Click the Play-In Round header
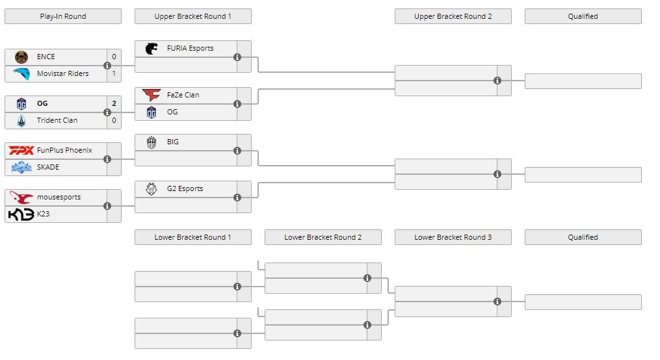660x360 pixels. coord(62,16)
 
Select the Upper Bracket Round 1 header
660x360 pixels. coord(192,16)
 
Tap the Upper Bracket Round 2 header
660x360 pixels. coord(453,16)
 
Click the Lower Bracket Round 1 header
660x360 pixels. coord(192,237)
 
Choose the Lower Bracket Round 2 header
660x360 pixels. coord(323,237)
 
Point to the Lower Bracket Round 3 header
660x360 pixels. coord(453,237)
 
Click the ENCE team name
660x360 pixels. coord(46,57)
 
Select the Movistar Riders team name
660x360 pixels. coord(62,73)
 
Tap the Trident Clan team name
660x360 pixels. coord(57,120)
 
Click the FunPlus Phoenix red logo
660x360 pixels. coord(21,150)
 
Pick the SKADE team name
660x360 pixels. coord(47,167)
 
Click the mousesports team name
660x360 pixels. coord(59,197)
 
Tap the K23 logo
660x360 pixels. coord(21,214)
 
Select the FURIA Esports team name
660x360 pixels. coord(190,48)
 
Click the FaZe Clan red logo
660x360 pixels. coord(152,95)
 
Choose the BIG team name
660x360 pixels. coord(172,142)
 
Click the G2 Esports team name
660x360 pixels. coord(185,188)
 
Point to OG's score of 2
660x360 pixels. coord(114,103)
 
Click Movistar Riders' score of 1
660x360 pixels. coord(114,73)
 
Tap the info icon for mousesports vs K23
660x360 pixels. coord(107,206)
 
